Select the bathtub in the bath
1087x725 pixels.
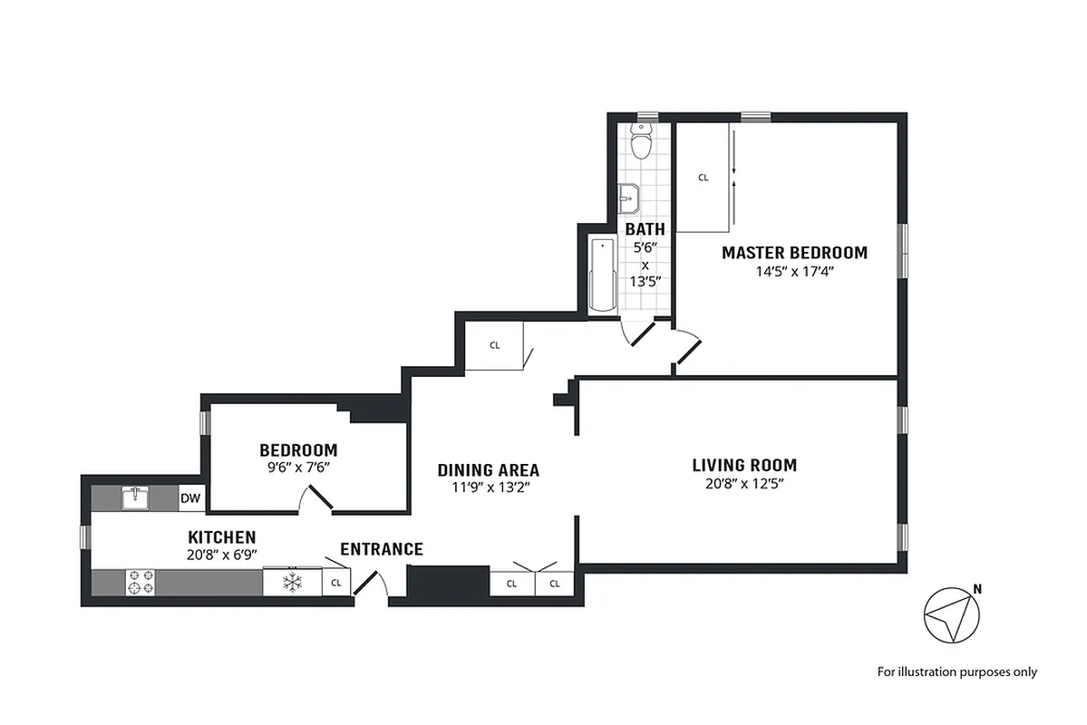pos(602,275)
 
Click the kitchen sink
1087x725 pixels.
pos(135,498)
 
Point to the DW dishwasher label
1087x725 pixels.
pos(190,498)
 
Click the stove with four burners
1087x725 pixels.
pos(140,582)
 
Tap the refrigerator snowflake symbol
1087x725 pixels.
pos(292,582)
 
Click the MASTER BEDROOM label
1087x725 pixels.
pos(794,253)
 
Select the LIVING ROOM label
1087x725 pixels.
pos(744,466)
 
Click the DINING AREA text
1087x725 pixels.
pos(488,470)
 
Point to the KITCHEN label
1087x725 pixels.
pos(221,537)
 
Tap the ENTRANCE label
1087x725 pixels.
pos(381,549)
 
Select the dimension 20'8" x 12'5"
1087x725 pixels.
pos(744,484)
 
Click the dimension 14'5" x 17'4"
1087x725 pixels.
pos(794,271)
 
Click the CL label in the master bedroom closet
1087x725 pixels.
pos(703,179)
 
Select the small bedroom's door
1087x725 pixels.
pos(317,497)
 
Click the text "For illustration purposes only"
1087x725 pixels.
pos(956,672)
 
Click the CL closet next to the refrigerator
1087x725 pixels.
pos(336,583)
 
